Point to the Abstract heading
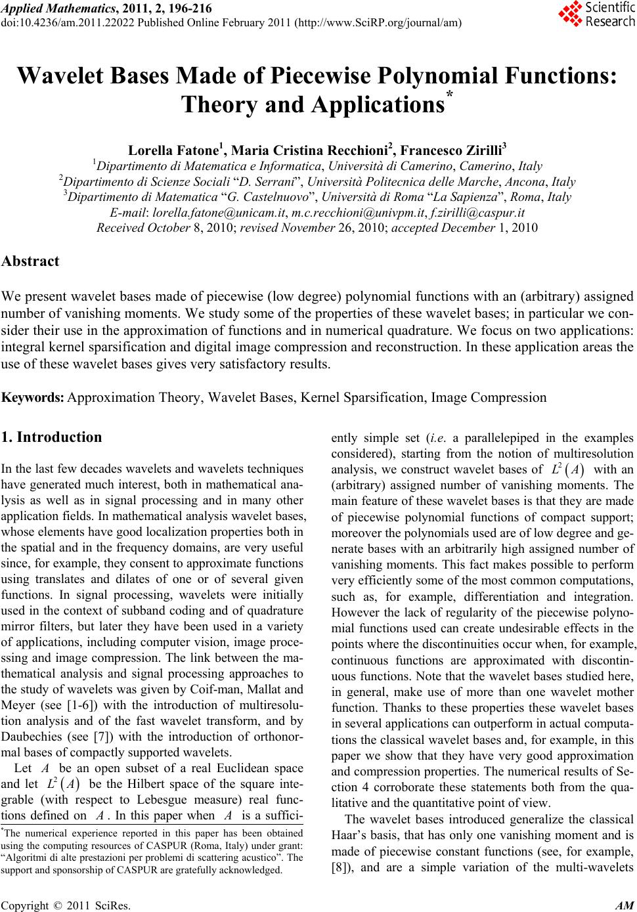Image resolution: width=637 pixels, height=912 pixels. pyautogui.click(x=31, y=261)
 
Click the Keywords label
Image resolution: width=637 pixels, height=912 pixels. pyautogui.click(x=33, y=398)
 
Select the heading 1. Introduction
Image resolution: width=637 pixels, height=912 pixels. pyautogui.click(x=52, y=437)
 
